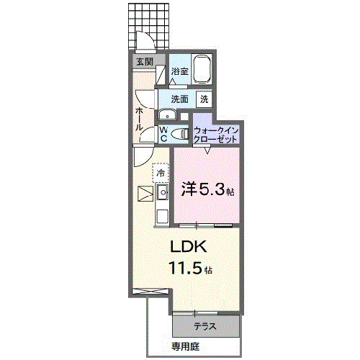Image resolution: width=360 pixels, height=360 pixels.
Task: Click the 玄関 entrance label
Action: click(x=144, y=62)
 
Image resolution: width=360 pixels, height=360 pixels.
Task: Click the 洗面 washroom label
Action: click(x=179, y=99)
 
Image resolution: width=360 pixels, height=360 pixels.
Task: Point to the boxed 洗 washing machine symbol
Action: click(x=204, y=99)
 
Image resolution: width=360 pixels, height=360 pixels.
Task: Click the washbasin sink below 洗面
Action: click(x=167, y=115)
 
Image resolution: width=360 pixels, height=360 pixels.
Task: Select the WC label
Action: click(x=163, y=134)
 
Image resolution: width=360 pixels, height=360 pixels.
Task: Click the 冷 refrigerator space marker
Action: click(x=161, y=173)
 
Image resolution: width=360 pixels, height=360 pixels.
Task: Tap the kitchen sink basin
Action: click(x=161, y=192)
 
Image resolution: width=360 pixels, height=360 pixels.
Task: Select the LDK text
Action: click(x=189, y=247)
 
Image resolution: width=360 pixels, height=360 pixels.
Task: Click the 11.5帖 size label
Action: click(x=189, y=269)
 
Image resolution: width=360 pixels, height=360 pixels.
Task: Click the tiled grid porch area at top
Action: click(x=151, y=22)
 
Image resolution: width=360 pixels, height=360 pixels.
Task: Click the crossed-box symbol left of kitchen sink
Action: click(x=143, y=193)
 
